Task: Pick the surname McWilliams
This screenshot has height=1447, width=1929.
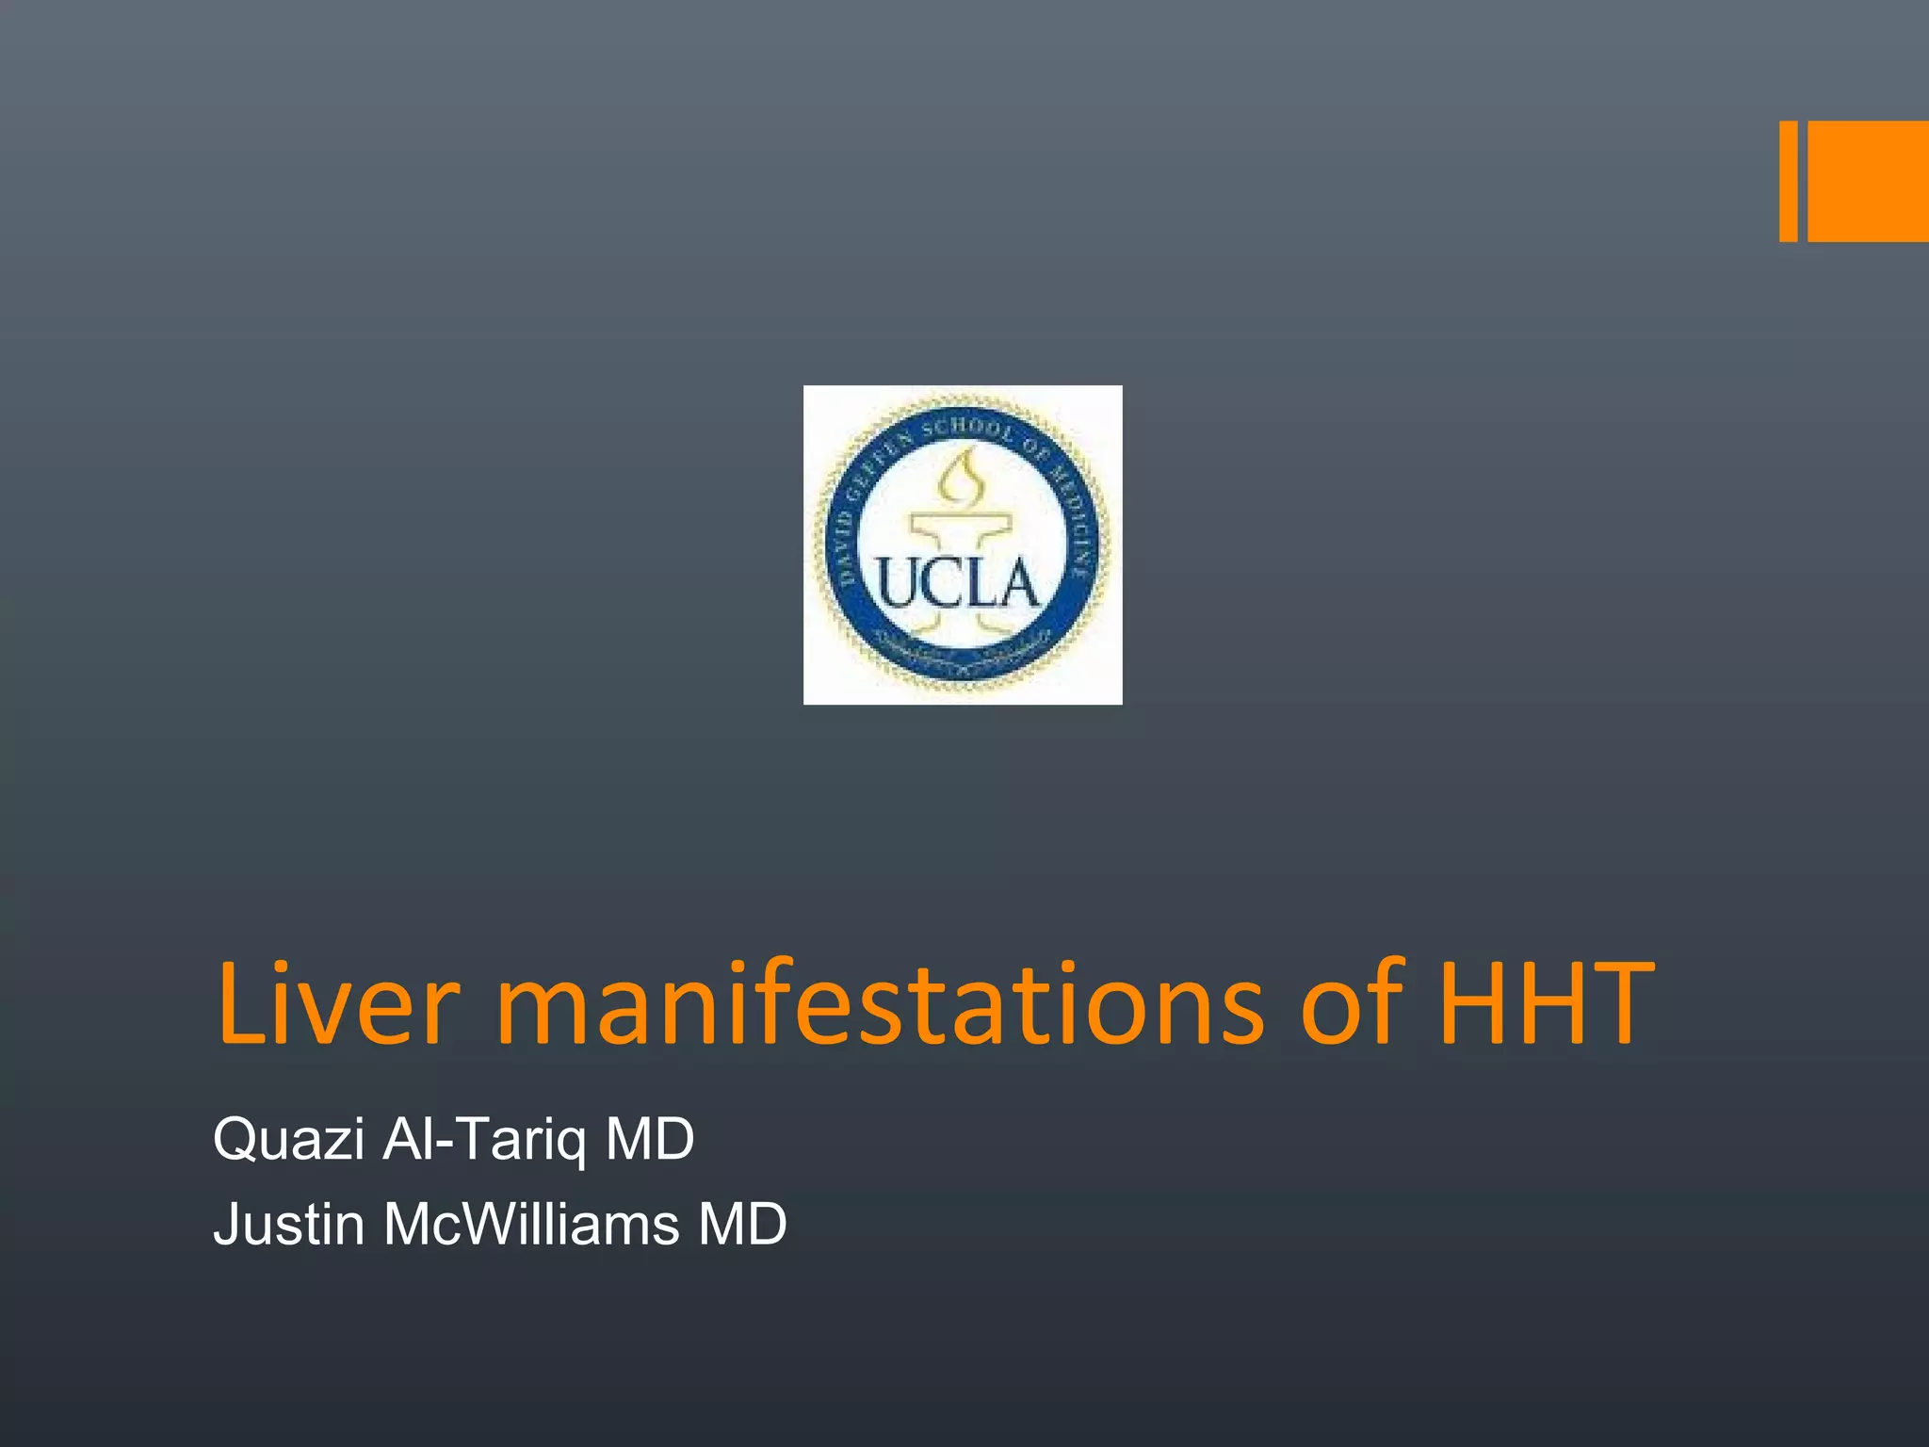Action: click(531, 1224)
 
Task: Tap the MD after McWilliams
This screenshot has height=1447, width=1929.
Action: click(742, 1224)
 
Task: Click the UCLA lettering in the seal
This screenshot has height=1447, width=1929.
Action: click(959, 584)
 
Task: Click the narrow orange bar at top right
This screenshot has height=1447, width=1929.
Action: click(1788, 181)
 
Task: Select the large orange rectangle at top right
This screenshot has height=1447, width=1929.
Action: click(1868, 181)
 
